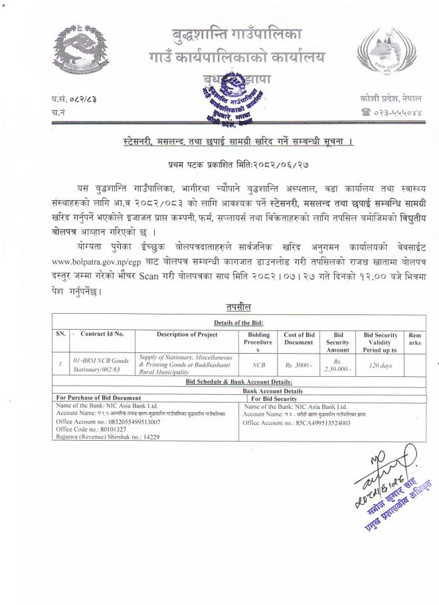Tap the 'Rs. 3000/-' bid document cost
299,365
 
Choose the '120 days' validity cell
381,365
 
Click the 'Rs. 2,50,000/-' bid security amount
338,365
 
